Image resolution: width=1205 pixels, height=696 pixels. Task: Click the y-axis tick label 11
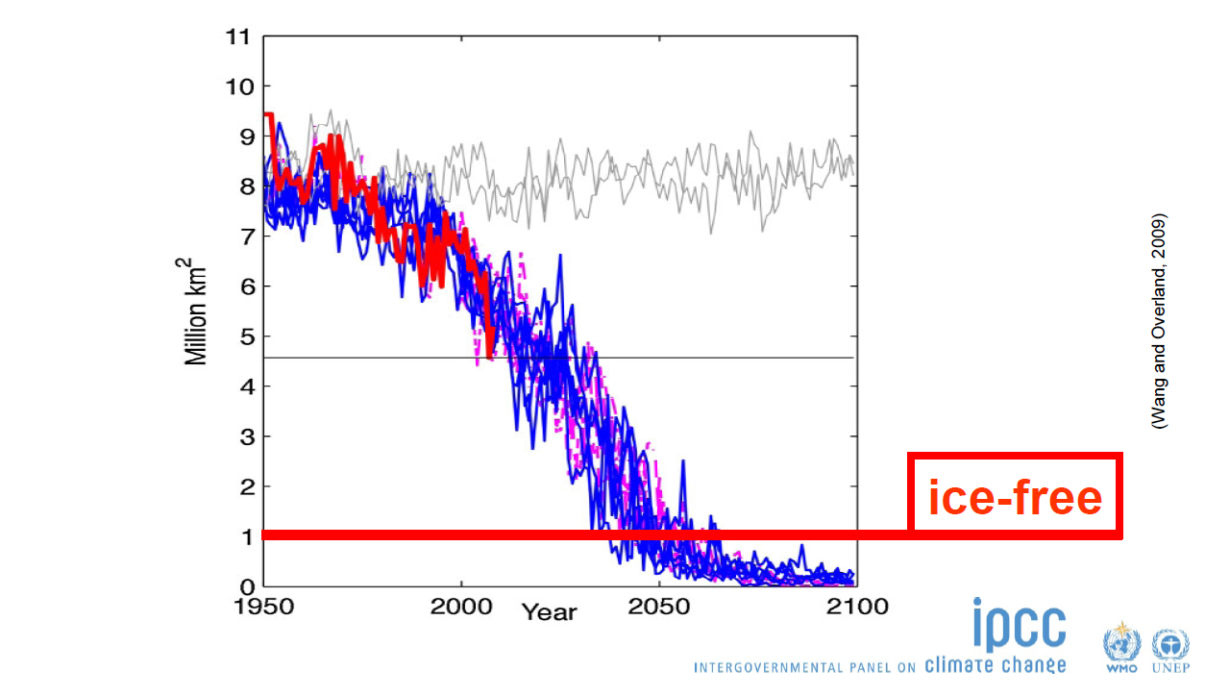236,37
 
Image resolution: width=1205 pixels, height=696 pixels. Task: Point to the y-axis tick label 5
243,336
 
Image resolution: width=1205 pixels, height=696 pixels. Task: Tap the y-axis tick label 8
243,186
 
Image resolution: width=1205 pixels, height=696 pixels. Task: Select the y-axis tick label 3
243,436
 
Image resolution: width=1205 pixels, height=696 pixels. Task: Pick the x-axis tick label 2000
461,607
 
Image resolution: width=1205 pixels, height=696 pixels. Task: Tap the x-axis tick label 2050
658,607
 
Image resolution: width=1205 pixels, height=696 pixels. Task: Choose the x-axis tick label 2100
856,607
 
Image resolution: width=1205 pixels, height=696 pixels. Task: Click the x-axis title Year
550,612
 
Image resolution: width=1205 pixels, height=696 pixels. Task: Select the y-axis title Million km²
197,310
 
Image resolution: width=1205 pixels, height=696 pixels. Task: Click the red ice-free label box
1016,495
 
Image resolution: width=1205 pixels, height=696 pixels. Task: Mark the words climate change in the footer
995,664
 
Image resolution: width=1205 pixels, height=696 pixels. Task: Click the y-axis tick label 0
243,586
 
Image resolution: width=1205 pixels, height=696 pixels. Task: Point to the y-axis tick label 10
236,87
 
